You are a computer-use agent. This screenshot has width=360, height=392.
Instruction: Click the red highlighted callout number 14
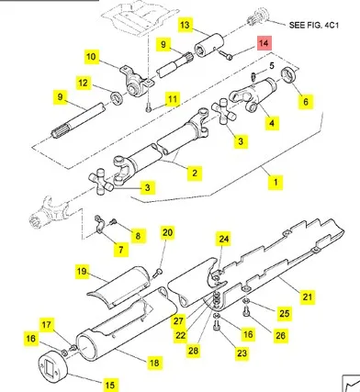coord(264,43)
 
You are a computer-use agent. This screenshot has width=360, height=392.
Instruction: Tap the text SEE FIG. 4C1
coord(314,25)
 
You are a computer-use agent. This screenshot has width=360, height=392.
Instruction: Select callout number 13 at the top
coord(185,25)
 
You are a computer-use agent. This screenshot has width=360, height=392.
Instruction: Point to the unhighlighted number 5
coord(272,65)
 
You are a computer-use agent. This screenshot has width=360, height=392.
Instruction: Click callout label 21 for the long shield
coord(307,297)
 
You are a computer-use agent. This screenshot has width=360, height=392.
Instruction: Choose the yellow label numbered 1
coord(276,183)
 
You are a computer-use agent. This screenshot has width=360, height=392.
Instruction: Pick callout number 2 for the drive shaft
coord(195,173)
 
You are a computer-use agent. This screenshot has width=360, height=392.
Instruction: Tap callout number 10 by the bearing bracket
coord(91,57)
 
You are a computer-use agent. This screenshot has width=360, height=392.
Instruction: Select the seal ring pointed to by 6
coord(288,75)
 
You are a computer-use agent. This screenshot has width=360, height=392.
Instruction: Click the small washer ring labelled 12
coord(117,98)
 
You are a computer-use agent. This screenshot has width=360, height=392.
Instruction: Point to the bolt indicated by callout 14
coord(225,54)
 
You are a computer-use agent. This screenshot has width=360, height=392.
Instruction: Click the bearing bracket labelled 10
coord(135,82)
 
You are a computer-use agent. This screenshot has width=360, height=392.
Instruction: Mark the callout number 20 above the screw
coord(167,232)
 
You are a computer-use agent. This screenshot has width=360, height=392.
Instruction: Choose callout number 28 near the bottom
coord(193,351)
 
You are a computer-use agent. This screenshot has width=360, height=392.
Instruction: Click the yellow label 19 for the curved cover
coord(82,272)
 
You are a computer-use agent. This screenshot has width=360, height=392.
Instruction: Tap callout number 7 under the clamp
coord(121,250)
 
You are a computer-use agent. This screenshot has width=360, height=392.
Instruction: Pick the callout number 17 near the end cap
coord(47,324)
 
